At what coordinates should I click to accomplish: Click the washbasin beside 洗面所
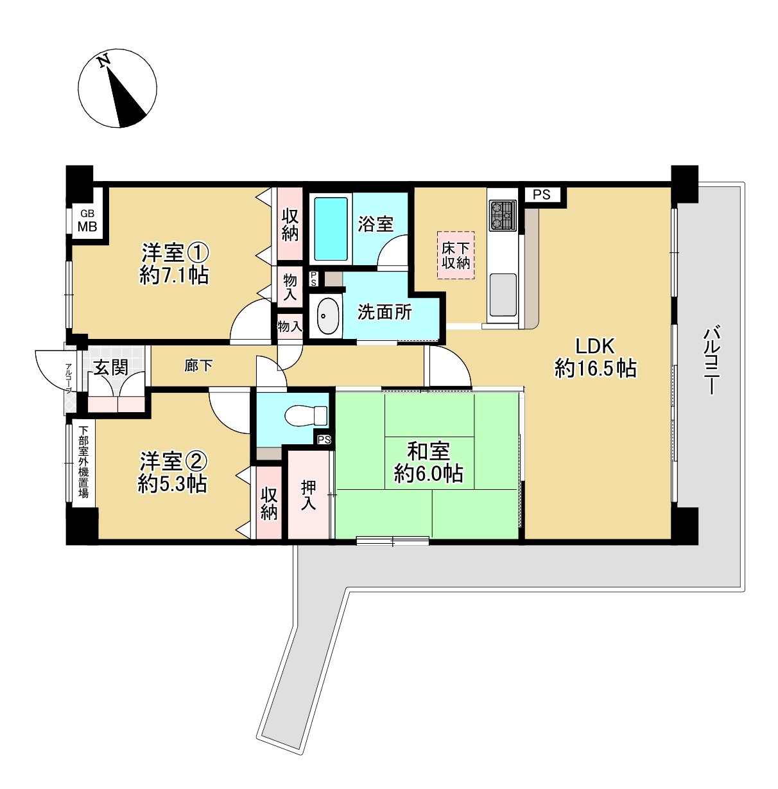click(328, 316)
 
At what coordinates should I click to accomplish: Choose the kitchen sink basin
click(503, 295)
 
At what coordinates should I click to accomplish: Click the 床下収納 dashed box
click(455, 256)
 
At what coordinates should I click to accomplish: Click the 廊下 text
click(198, 365)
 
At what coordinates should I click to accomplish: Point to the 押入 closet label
click(308, 495)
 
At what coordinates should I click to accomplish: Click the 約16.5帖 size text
click(595, 368)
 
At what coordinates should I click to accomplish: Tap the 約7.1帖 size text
click(174, 275)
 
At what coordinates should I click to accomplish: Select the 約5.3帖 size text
click(172, 484)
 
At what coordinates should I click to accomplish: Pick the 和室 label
click(428, 451)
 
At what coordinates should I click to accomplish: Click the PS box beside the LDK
click(542, 195)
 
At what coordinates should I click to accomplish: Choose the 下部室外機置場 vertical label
click(83, 462)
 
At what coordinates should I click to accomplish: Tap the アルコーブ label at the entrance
click(69, 378)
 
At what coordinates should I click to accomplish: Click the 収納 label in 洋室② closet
click(269, 504)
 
